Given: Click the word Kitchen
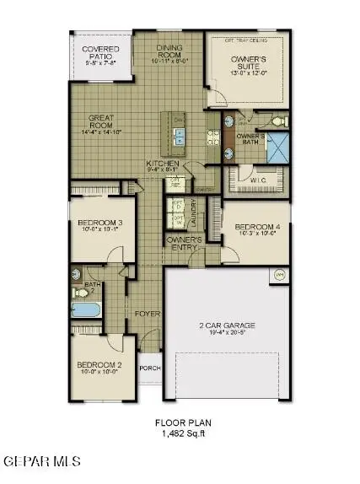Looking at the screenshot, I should coord(162,163).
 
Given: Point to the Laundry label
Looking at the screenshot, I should coord(193,218).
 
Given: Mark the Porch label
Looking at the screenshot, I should coord(149,368).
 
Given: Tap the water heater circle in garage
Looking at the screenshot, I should coord(280,275).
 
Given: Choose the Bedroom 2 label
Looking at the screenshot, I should coord(97,366).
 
